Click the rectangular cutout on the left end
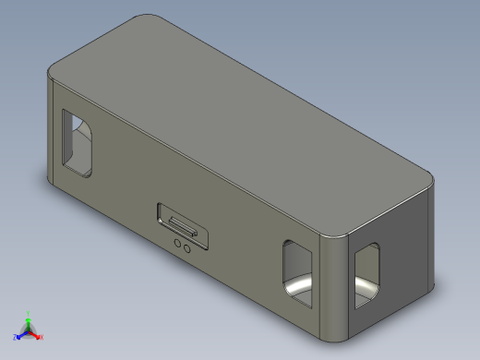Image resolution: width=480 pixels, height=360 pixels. click(x=78, y=143)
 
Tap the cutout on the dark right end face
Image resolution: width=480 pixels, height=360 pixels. click(x=366, y=275)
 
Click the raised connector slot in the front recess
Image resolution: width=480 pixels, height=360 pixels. click(x=180, y=224)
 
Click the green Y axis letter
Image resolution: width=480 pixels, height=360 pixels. click(x=29, y=312)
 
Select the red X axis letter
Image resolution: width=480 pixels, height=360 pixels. click(x=42, y=337)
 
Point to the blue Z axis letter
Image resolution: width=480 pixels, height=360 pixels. click(x=16, y=337)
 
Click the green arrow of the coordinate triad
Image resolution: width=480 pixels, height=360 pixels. click(x=29, y=320)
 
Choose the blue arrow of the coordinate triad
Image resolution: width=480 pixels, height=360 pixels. click(x=21, y=334)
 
